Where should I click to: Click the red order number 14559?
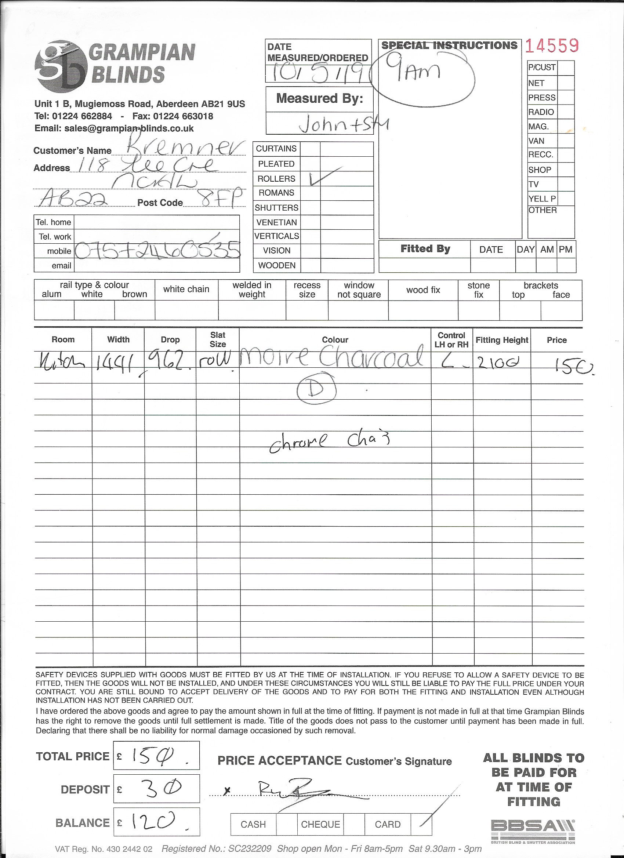[x=552, y=46]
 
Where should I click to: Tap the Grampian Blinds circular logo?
[x=61, y=67]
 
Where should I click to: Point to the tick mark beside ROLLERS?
[x=323, y=176]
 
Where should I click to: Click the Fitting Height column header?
[x=501, y=340]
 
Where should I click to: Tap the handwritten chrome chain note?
[x=329, y=441]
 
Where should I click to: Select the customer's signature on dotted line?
[x=291, y=792]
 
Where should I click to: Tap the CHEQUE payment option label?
[x=320, y=824]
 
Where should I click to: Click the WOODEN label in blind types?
[x=277, y=266]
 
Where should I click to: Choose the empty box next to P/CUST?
[x=565, y=68]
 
